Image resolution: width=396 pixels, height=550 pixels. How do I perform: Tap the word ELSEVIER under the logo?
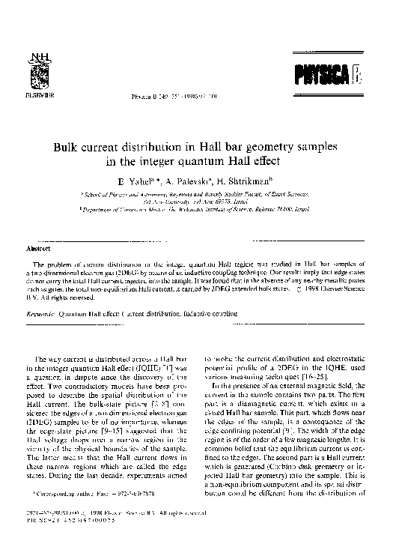click(36, 97)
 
